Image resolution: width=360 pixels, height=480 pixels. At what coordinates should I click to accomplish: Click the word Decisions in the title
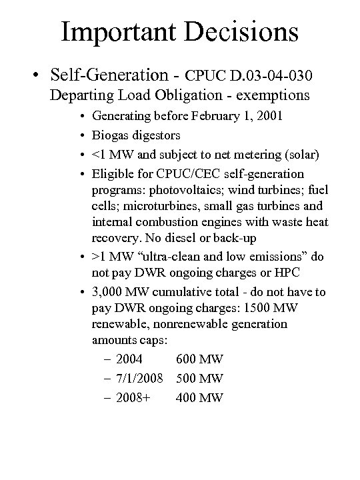(242, 32)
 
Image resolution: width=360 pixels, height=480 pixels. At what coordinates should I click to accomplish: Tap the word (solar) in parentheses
(299, 155)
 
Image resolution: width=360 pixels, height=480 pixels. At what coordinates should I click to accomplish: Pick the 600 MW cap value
(199, 359)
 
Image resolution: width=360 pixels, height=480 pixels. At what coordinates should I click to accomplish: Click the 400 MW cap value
(199, 398)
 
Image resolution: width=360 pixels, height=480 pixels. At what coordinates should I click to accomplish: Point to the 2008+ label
(132, 398)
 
